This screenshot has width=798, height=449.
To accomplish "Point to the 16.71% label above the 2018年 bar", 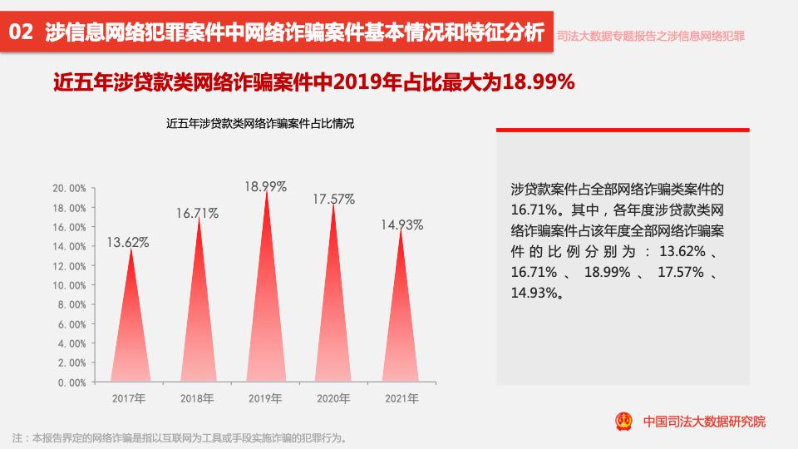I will pos(197,214).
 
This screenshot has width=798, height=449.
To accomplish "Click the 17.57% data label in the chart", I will pos(333,200).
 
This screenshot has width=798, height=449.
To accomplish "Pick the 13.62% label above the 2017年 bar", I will pos(127,243).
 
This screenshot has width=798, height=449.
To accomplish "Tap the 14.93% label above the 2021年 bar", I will pos(402,224).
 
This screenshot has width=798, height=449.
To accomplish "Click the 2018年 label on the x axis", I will pos(197,398).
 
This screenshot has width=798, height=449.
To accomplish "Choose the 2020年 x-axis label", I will pos(333,398).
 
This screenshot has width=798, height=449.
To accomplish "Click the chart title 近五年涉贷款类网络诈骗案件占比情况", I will pos(260,125).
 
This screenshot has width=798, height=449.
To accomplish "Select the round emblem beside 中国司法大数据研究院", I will pos(623,421).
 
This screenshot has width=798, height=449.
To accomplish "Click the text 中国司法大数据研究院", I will pos(704,422).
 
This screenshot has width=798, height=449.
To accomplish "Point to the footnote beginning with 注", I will pos(179,438).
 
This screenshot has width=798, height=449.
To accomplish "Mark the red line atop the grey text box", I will pos(623,131).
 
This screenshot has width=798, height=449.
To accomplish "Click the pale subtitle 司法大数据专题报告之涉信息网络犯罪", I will pos(650,37).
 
